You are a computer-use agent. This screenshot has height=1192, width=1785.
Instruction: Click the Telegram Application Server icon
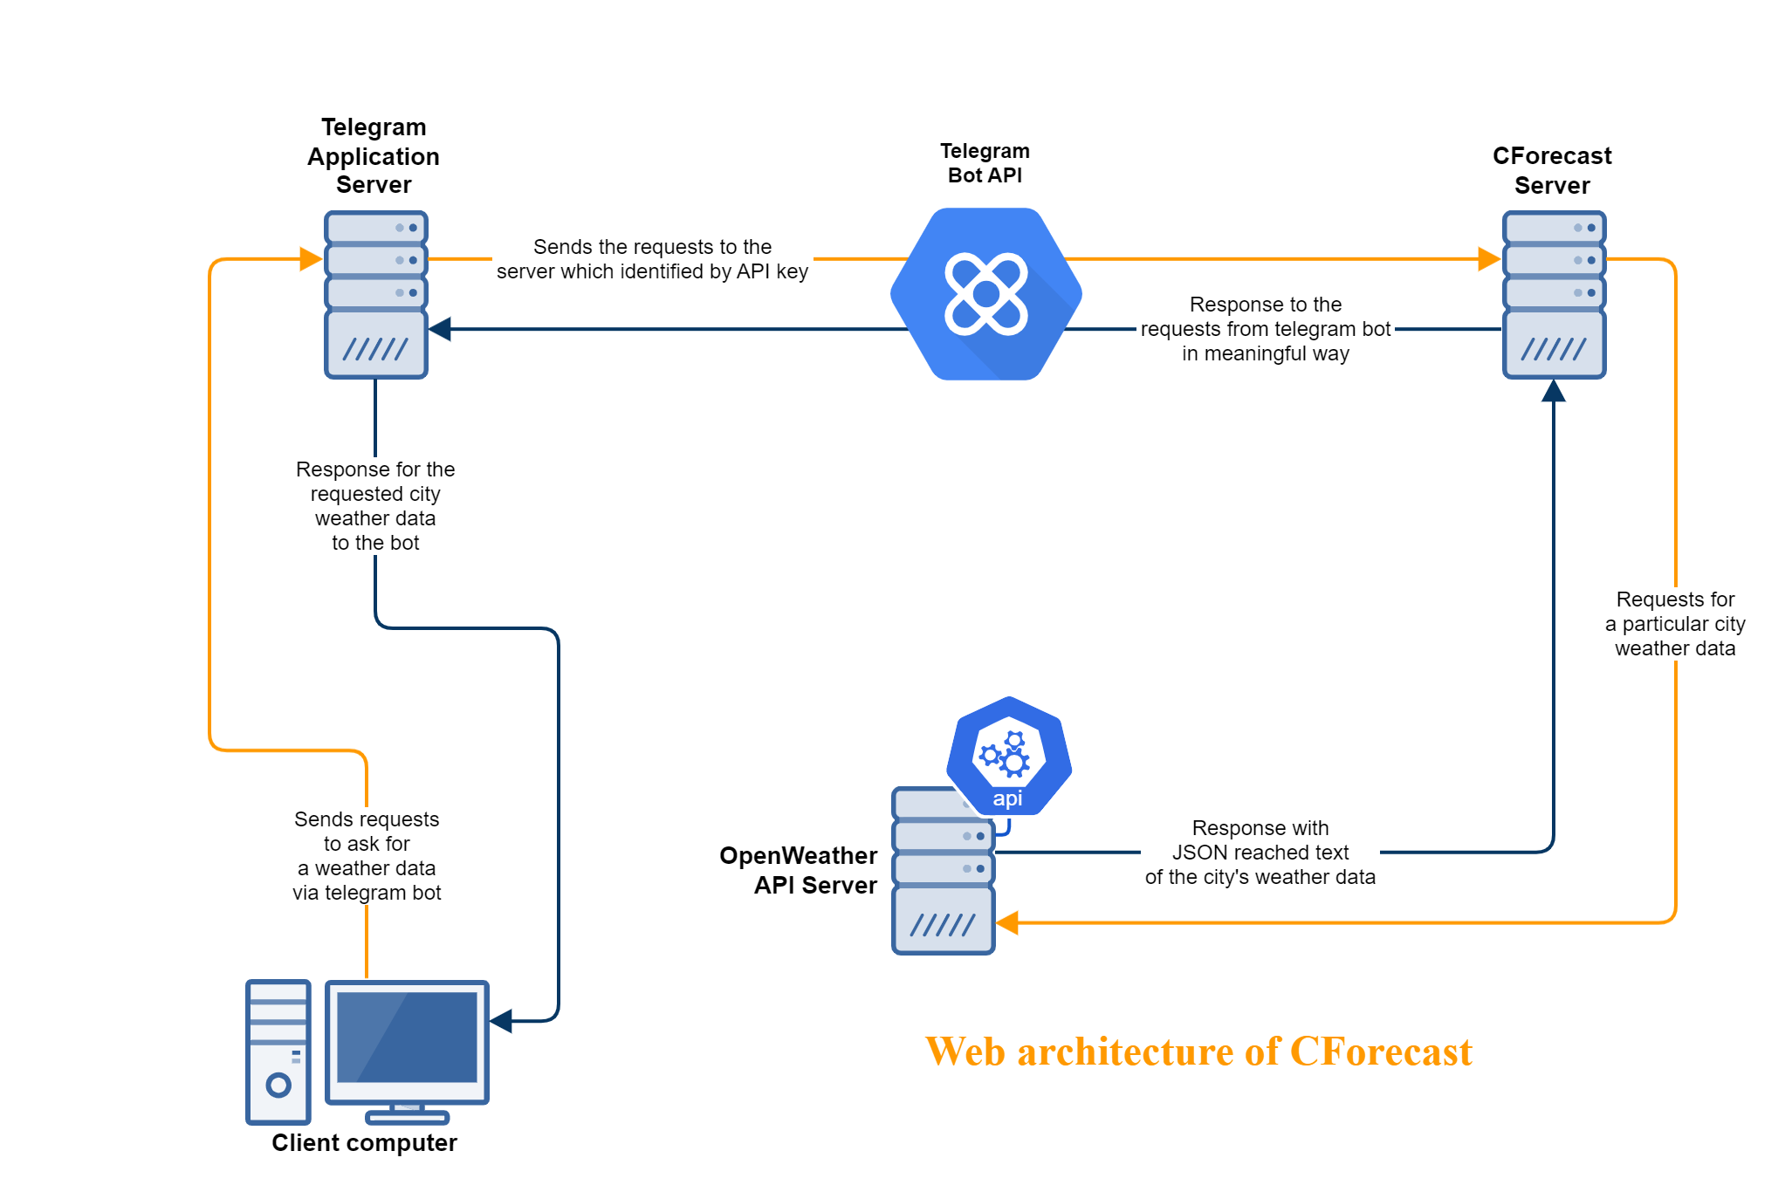click(x=375, y=295)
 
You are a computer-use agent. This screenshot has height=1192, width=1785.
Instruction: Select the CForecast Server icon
click(x=1554, y=295)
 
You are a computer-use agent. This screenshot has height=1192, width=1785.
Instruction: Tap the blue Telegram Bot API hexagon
click(x=986, y=294)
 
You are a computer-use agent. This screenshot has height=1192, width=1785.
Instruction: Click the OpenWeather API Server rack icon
click(x=943, y=881)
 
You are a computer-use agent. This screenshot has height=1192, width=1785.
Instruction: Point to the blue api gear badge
click(x=1009, y=756)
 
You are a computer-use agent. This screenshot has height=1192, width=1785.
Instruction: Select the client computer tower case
click(x=278, y=1052)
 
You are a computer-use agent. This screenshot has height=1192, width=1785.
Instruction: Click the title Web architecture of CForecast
click(x=1198, y=1052)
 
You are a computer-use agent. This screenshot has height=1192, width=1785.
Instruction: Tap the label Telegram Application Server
click(x=374, y=156)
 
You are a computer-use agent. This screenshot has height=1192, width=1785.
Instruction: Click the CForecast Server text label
click(x=1552, y=170)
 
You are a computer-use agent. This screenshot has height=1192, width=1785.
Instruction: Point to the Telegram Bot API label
click(x=985, y=163)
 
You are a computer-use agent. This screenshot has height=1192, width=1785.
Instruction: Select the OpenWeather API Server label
click(x=799, y=870)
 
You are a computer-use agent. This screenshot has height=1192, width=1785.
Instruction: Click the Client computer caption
click(x=364, y=1143)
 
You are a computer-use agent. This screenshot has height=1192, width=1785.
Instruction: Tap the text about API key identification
click(x=652, y=259)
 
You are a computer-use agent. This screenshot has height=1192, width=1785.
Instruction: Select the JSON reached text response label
click(x=1260, y=853)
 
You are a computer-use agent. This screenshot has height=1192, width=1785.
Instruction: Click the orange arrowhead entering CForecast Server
click(x=1488, y=259)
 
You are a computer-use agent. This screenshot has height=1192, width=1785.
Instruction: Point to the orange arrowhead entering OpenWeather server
click(x=1007, y=922)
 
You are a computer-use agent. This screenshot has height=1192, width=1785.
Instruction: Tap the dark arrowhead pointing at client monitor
click(x=501, y=1021)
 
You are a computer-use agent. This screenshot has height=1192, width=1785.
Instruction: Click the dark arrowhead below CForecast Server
click(x=1554, y=391)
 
